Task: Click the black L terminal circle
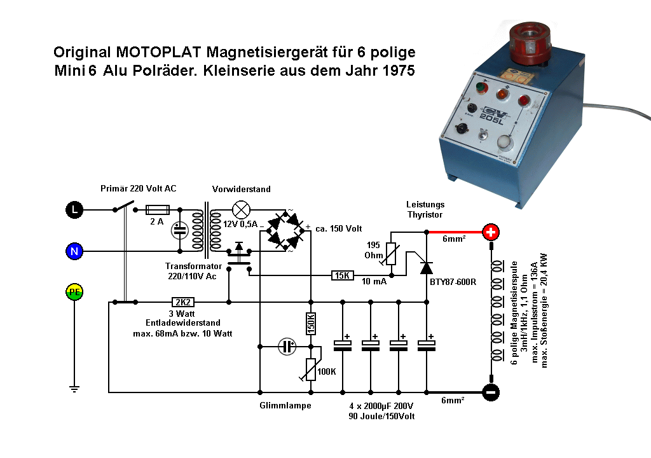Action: click(74, 209)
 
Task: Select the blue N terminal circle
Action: click(74, 251)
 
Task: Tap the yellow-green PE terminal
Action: click(74, 293)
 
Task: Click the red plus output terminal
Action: click(491, 232)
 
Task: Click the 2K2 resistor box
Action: click(183, 302)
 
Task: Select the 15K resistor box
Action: click(342, 275)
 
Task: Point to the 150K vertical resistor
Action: click(311, 323)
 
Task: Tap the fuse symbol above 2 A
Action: click(158, 209)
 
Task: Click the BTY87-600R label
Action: click(453, 281)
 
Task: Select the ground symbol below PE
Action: click(74, 387)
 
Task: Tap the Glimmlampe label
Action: click(285, 405)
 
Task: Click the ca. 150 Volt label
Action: click(339, 228)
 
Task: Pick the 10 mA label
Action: click(374, 281)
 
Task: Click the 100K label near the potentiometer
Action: click(327, 371)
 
